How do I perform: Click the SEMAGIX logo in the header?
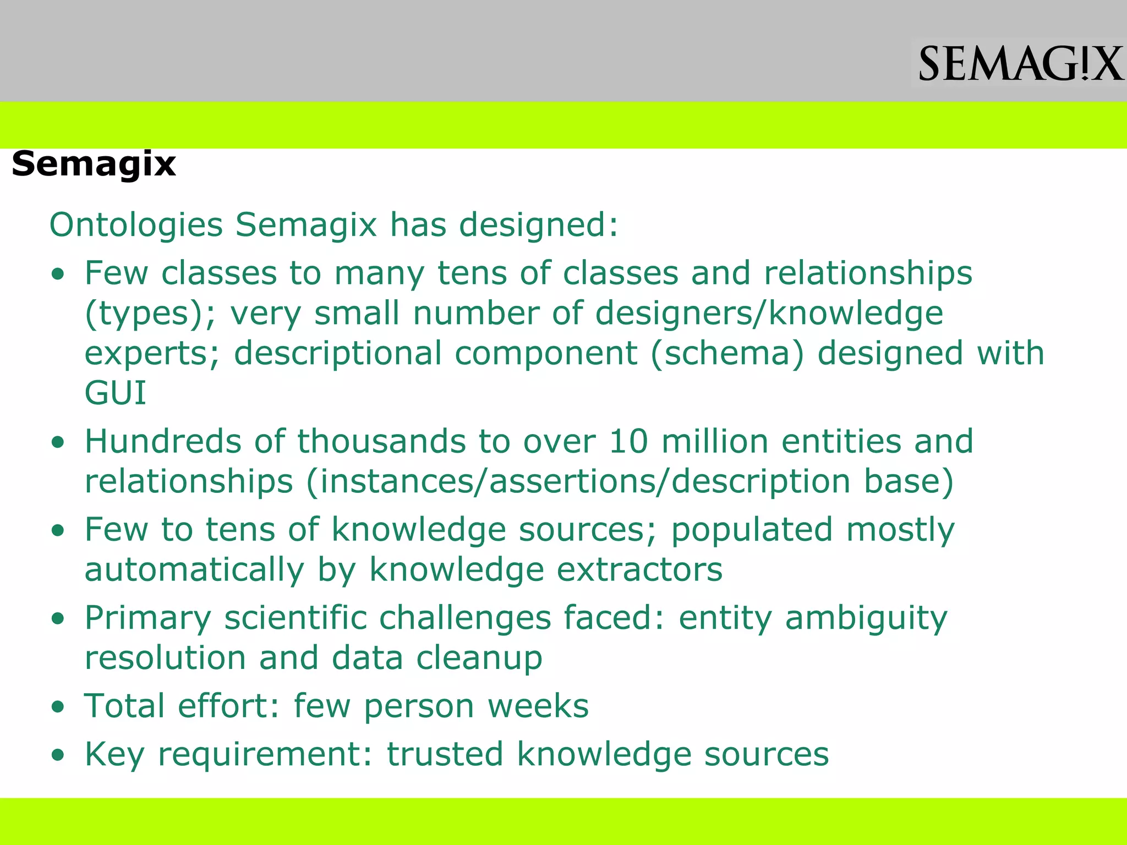click(x=1020, y=64)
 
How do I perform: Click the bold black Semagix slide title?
click(x=94, y=164)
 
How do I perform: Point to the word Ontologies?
click(x=136, y=225)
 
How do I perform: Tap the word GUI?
click(x=116, y=393)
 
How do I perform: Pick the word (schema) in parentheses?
click(x=727, y=353)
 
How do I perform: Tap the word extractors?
click(x=639, y=569)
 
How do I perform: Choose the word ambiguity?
click(x=866, y=618)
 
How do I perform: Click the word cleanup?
click(x=479, y=658)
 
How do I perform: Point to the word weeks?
click(x=538, y=706)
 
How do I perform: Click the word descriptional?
click(x=338, y=353)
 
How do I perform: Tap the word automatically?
click(x=194, y=569)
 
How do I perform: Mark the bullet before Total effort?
click(x=58, y=707)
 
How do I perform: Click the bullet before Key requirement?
click(x=58, y=755)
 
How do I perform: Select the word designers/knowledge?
click(x=769, y=314)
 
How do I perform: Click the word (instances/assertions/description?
click(x=578, y=481)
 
